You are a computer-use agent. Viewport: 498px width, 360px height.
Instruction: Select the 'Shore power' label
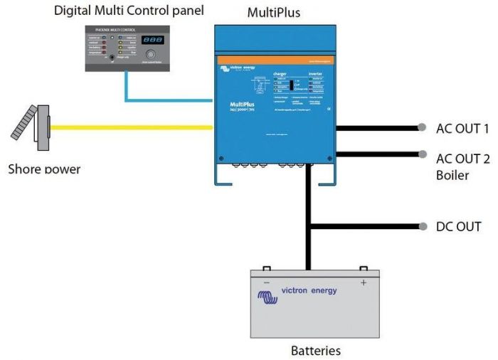(x=44, y=169)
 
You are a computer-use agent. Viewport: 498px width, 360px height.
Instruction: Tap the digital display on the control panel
(x=149, y=41)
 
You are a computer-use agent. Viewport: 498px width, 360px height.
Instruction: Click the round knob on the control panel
(x=150, y=55)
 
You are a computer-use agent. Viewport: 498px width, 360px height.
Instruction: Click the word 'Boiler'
(x=452, y=174)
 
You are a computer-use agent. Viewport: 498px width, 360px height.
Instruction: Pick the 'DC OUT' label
(x=459, y=227)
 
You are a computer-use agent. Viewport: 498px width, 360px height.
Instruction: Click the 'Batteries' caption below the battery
(x=316, y=351)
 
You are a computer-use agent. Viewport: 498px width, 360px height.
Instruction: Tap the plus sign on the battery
(x=364, y=282)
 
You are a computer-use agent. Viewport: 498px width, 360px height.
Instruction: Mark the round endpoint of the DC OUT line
(x=422, y=227)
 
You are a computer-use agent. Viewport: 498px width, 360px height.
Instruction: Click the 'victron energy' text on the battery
(x=309, y=290)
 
